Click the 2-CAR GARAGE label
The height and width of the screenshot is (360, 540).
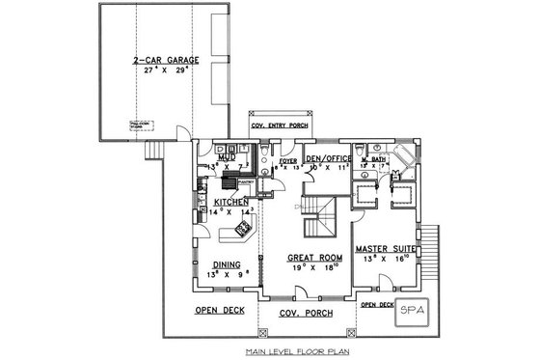(x=167, y=60)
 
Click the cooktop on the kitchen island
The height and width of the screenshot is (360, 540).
(x=242, y=231)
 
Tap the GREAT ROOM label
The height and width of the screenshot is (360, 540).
(x=314, y=258)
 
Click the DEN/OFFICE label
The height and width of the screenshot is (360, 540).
(x=325, y=157)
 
